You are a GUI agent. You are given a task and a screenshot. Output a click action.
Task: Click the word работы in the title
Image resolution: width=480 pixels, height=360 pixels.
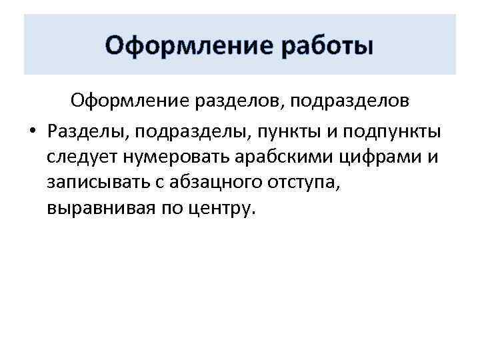point(325,47)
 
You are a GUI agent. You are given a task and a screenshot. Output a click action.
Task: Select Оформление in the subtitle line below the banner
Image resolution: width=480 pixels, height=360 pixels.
point(127,101)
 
